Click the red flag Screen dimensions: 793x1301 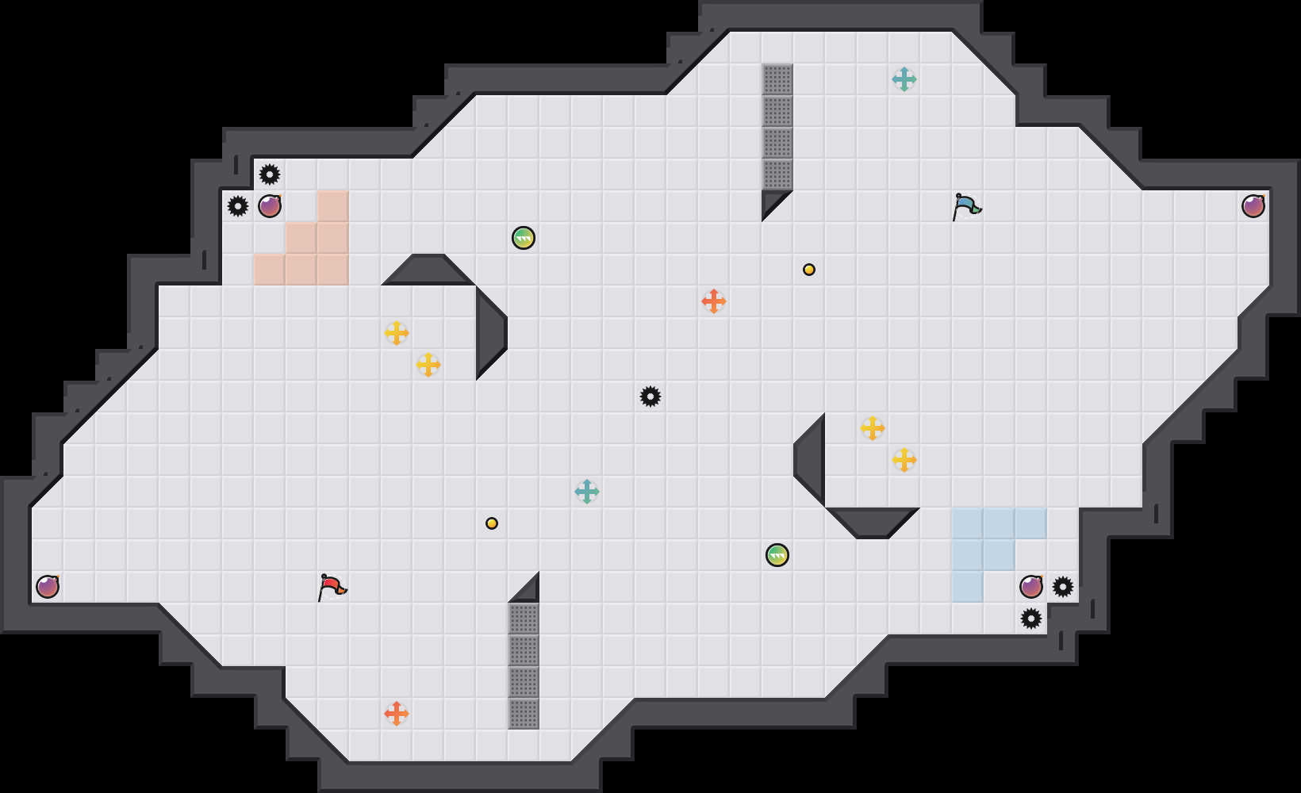332,587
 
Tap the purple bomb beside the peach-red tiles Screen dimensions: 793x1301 270,206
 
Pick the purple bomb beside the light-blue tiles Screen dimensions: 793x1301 1031,587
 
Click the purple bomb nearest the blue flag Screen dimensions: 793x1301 1253,206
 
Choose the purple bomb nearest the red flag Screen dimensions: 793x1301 48,587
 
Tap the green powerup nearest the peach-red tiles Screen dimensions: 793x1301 524,238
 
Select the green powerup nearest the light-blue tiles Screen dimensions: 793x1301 777,555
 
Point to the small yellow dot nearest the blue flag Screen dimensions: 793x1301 809,270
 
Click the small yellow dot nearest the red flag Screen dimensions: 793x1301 492,523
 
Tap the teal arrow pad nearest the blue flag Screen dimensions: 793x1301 904,79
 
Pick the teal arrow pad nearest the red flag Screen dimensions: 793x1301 587,492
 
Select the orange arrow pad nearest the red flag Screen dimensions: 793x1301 397,714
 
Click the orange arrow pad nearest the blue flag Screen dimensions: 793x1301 714,301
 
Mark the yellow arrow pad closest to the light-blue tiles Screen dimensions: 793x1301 904,460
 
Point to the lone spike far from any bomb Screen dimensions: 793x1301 650,396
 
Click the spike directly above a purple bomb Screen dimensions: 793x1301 270,174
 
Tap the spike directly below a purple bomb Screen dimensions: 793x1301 1031,619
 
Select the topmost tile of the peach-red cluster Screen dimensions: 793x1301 333,206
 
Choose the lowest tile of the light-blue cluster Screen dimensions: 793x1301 968,587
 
